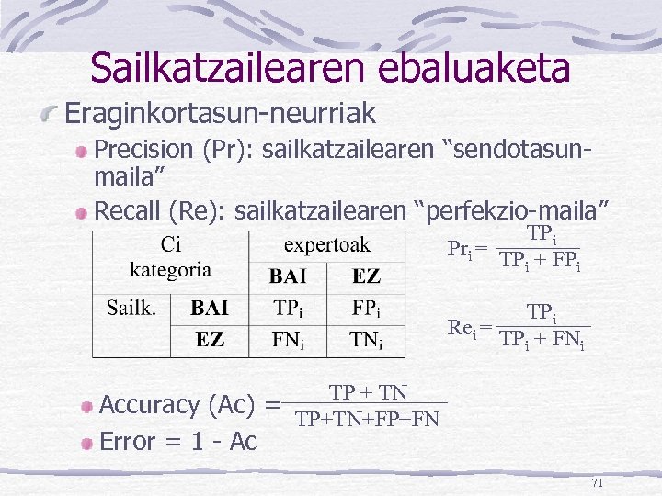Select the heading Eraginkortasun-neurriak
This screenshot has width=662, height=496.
click(x=220, y=114)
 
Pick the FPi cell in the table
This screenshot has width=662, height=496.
click(x=366, y=308)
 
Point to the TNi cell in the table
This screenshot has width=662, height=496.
click(x=366, y=340)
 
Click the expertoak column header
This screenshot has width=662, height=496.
click(x=326, y=244)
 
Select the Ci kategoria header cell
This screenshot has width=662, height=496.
click(x=170, y=257)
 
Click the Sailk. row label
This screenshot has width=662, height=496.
click(x=131, y=308)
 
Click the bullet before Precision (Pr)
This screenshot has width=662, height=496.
click(x=83, y=151)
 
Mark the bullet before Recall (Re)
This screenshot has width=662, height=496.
click(x=83, y=214)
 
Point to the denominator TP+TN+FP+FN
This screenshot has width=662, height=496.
click(x=367, y=420)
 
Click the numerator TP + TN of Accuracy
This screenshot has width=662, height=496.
click(x=368, y=393)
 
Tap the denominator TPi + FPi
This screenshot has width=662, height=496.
click(x=541, y=261)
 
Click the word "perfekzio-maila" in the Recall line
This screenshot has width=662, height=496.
click(x=512, y=211)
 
